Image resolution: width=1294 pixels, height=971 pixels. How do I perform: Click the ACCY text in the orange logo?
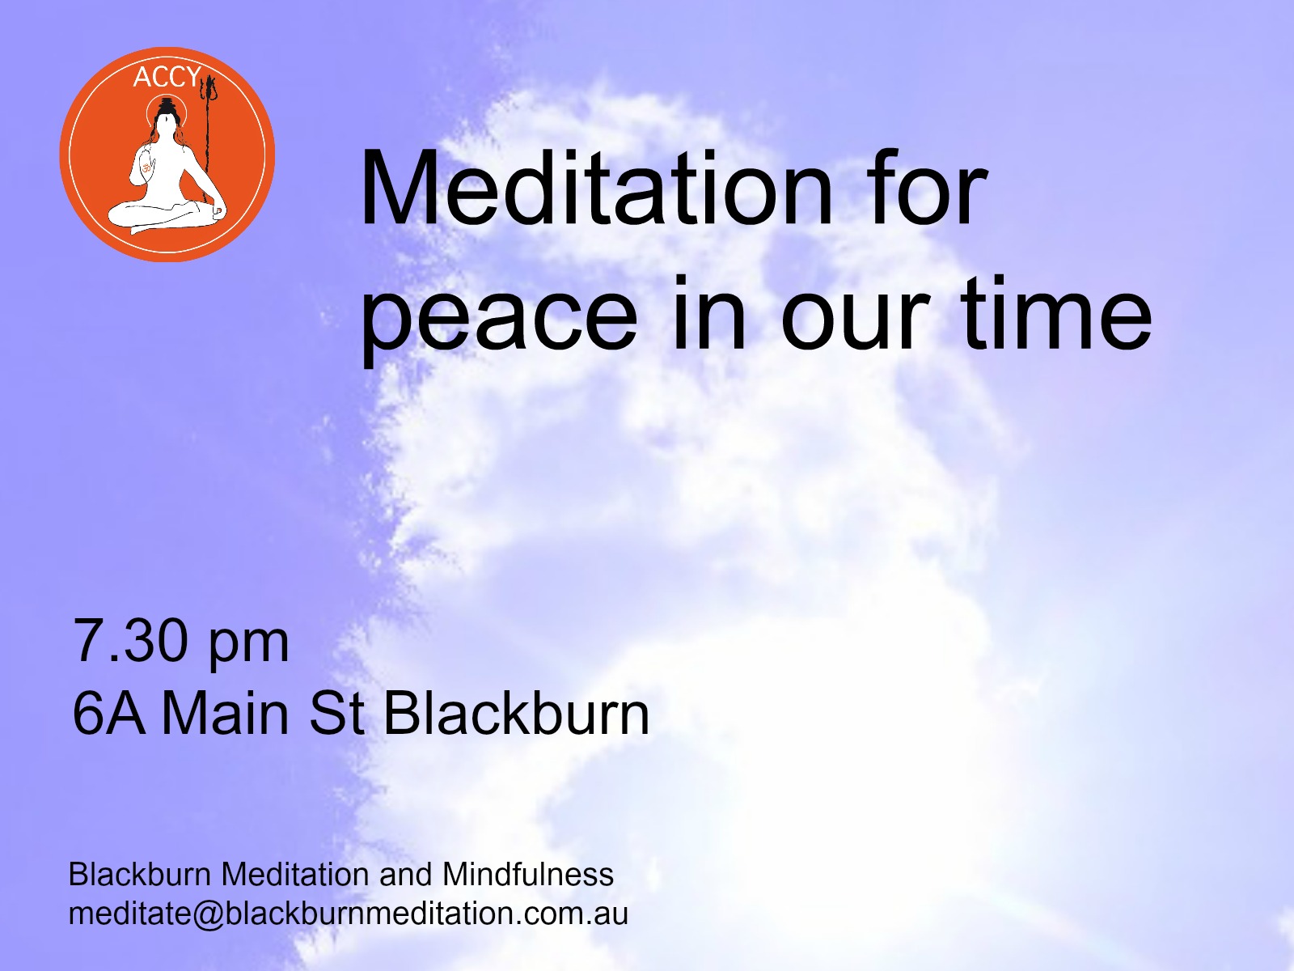(167, 77)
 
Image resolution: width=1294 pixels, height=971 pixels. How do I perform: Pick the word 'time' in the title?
(1056, 312)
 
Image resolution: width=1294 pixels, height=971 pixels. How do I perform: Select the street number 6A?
(109, 714)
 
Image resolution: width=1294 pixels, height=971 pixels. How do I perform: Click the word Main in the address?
(225, 714)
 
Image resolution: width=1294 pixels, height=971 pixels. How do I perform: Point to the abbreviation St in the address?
(336, 714)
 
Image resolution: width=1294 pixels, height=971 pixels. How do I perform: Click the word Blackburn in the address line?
(517, 714)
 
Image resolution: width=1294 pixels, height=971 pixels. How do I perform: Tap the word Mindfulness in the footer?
(528, 875)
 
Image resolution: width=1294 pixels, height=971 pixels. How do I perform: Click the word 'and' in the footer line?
(406, 875)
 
